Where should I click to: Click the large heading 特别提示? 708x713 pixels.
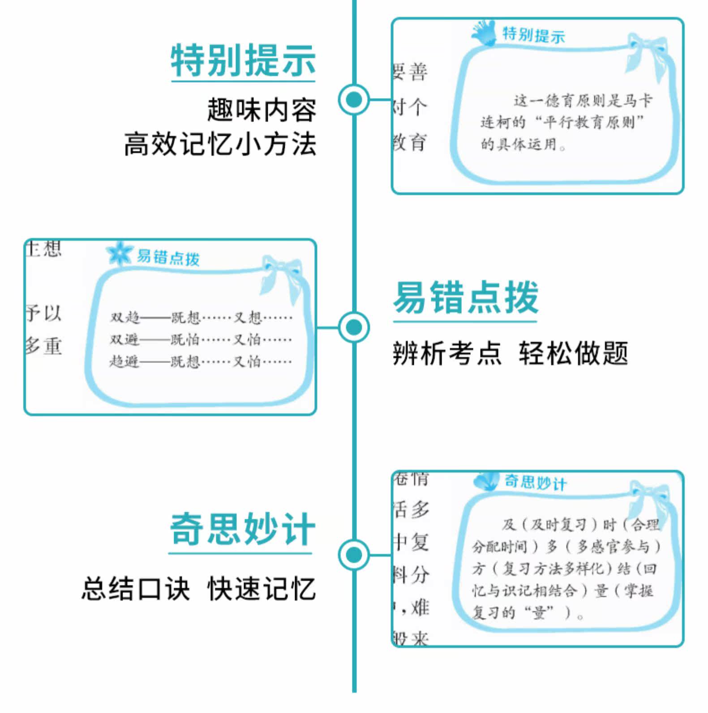point(243,60)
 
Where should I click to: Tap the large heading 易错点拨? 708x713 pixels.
point(466,297)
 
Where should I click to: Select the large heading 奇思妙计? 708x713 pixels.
point(242,530)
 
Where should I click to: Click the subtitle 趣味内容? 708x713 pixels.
point(262,110)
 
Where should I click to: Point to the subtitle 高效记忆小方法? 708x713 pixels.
point(220,144)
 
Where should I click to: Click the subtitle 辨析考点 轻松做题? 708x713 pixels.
point(511,353)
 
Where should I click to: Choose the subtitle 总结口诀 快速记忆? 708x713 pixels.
point(198,588)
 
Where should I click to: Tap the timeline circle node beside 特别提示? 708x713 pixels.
point(354,99)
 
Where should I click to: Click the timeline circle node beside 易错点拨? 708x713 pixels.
point(354,327)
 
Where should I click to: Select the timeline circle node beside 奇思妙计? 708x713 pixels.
point(354,555)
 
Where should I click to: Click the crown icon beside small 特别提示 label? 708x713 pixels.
point(485,33)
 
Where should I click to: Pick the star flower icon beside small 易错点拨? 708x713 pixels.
point(119,254)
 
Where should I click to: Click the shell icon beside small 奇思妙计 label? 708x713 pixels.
point(486,481)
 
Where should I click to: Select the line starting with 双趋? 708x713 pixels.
point(201,318)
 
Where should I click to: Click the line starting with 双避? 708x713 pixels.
point(201,340)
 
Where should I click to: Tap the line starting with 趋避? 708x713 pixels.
point(201,361)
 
